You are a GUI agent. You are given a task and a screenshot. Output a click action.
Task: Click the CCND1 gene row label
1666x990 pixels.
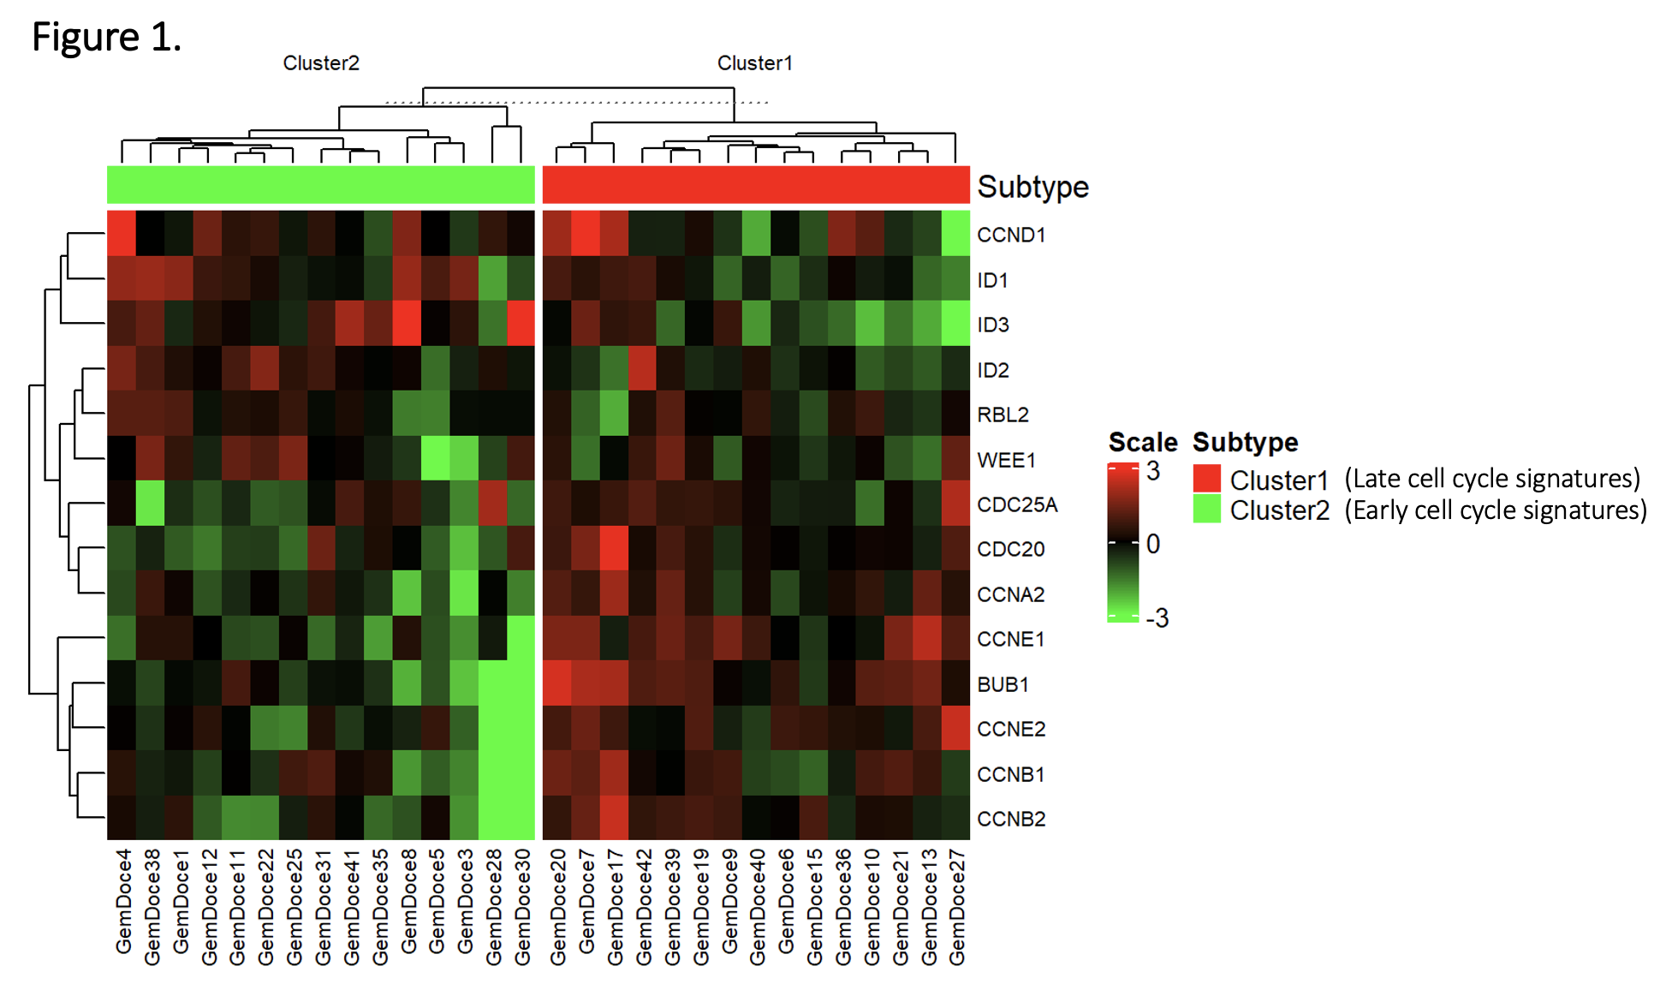1011,235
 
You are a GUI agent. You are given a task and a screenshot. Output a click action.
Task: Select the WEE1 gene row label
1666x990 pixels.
1006,460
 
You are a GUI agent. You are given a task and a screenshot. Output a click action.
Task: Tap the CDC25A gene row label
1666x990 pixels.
1017,504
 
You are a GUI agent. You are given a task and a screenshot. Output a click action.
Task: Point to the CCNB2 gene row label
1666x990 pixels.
1011,819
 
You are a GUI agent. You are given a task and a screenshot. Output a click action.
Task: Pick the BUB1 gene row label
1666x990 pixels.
1003,684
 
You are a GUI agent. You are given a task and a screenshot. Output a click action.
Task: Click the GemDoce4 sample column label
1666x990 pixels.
123,901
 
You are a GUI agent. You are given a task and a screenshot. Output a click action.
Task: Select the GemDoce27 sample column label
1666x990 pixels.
956,907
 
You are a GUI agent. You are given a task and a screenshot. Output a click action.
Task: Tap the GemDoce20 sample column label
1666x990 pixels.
557,907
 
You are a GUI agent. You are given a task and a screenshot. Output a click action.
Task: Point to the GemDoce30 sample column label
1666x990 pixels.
521,907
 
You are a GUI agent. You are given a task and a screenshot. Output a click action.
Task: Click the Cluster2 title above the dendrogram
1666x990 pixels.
321,63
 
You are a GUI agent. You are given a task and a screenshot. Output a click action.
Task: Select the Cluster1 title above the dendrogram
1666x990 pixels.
754,63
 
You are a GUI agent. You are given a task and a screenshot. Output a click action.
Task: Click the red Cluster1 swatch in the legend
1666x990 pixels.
1206,478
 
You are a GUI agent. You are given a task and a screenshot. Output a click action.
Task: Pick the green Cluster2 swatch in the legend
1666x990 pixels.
1206,510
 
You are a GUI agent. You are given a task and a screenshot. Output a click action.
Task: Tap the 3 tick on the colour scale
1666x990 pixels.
1153,470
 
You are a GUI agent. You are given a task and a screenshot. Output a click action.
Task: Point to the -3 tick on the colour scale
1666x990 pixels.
1157,617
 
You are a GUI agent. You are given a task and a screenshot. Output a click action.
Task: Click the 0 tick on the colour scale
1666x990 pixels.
1153,543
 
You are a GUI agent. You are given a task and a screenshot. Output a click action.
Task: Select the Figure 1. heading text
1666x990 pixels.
106,38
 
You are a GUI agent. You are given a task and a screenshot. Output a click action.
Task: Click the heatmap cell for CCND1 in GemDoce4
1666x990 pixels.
122,233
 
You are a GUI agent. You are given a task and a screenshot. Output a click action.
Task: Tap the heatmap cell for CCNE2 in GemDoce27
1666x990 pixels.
955,728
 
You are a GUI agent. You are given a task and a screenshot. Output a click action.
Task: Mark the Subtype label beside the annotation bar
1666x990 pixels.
1032,187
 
